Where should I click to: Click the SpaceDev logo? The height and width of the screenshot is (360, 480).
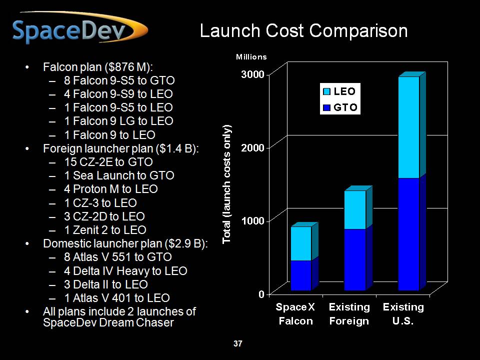(80, 28)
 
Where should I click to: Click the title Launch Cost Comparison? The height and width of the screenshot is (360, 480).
(303, 30)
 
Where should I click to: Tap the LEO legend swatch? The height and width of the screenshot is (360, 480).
(327, 91)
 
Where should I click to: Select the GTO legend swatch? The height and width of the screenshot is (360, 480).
(327, 107)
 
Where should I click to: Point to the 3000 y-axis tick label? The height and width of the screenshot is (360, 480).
(252, 74)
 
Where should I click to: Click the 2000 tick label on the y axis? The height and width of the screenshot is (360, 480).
(252, 147)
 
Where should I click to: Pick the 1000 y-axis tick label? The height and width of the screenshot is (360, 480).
(253, 220)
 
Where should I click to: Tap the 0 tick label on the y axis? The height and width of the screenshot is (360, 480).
(261, 294)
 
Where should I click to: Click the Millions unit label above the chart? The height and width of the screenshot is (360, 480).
(251, 57)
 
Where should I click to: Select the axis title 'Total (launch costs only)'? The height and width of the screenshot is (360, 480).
(226, 184)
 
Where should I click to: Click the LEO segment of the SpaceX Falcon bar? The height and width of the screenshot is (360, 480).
(301, 243)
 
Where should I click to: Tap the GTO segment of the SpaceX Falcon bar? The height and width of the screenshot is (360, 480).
(301, 275)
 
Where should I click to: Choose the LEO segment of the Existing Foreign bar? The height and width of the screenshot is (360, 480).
(355, 209)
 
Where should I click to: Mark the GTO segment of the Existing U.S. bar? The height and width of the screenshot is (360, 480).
(409, 234)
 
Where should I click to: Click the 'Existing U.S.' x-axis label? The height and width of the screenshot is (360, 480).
(403, 314)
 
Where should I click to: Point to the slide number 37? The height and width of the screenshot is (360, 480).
(238, 343)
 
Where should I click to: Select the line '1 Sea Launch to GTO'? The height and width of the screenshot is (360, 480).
(119, 175)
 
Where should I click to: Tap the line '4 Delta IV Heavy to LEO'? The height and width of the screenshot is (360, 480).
(125, 271)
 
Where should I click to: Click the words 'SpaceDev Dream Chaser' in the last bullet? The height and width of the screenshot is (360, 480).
(108, 322)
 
